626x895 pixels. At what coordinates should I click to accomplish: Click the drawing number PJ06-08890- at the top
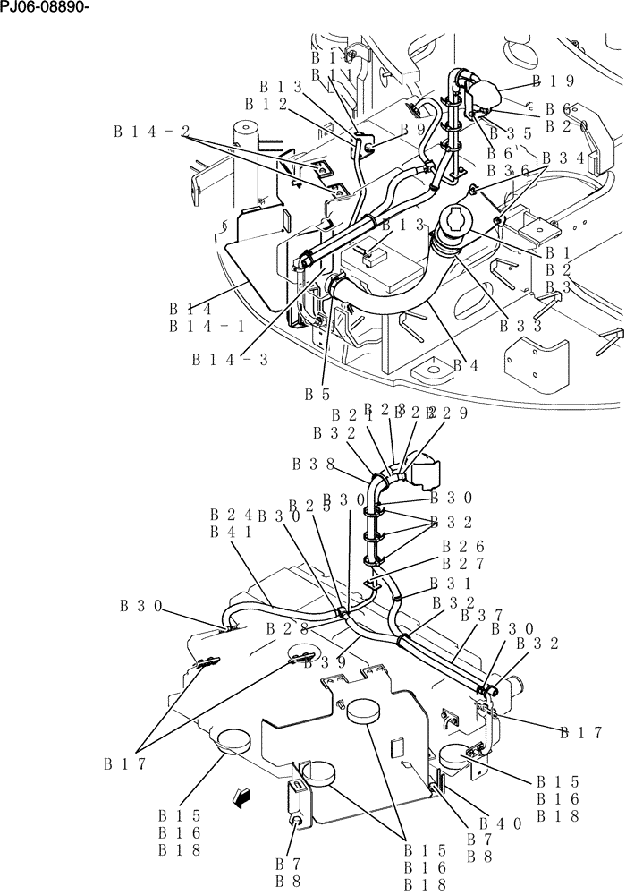pos(46,8)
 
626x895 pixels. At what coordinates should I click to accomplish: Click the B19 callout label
pos(554,81)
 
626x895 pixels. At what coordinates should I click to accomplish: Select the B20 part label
pos(567,126)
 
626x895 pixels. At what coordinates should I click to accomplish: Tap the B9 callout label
pos(413,129)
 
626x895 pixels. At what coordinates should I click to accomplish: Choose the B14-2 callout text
pos(152,132)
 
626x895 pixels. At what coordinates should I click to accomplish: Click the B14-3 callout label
pos(230,359)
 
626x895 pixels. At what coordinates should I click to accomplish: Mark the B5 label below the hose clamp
pos(317,393)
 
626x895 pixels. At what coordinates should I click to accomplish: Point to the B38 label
pos(313,465)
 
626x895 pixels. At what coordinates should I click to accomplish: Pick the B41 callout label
pos(231,532)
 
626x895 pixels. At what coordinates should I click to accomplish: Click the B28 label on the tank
pos(287,629)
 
